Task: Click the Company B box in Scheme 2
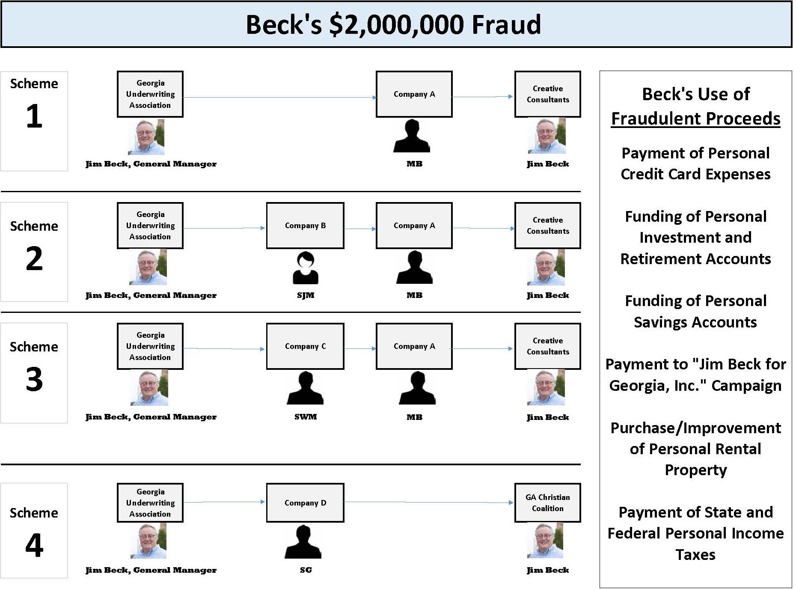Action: pos(305,226)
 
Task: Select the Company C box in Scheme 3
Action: pos(305,346)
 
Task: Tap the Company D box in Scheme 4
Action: pos(305,503)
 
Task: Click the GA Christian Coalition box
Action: pos(547,503)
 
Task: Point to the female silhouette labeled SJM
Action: pos(305,268)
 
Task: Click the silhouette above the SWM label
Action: pos(305,388)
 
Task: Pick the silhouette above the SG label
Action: pos(303,542)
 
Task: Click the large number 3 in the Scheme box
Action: pos(34,379)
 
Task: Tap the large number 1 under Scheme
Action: pos(34,116)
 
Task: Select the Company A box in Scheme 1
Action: pos(414,94)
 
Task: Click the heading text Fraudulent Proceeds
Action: pos(695,119)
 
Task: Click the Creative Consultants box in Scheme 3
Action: pos(547,346)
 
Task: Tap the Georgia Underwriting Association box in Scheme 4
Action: pos(150,503)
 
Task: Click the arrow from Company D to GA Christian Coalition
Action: pos(428,502)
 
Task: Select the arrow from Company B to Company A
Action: pos(359,229)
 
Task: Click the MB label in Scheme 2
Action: pos(414,295)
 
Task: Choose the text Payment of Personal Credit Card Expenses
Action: pos(695,164)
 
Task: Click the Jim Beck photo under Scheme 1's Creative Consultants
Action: pos(547,136)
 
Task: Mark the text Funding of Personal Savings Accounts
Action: pos(695,311)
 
